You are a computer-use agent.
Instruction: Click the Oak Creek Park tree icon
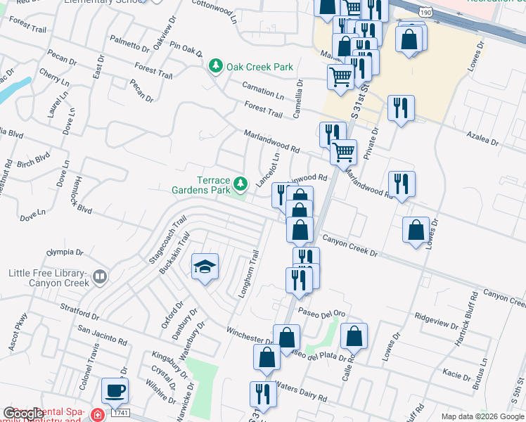tap(216, 68)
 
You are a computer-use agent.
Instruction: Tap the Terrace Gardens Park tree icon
tap(241, 184)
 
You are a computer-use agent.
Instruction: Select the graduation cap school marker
tap(205, 267)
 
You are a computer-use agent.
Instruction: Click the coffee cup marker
tap(115, 390)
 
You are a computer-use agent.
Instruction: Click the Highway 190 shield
tap(424, 12)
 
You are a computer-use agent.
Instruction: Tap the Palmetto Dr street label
tap(130, 47)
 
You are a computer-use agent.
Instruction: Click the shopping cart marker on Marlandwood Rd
tap(343, 151)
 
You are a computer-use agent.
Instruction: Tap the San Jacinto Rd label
tap(102, 335)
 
